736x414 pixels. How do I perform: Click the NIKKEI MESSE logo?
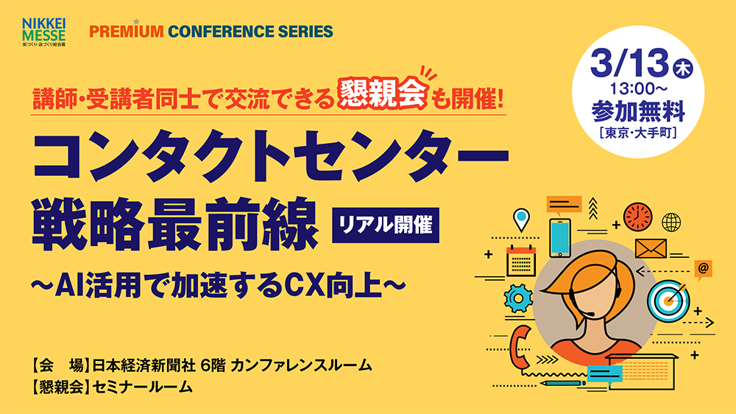[x=43, y=32]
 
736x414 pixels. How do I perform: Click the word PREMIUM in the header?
[x=127, y=32]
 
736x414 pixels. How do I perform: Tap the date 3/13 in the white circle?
[x=629, y=63]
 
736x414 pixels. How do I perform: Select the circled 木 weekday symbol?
[x=683, y=69]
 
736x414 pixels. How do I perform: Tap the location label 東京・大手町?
[x=638, y=133]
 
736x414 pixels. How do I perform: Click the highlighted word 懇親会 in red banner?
[x=382, y=94]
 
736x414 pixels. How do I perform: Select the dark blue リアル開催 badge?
[x=386, y=225]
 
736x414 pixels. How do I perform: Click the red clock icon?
[x=637, y=217]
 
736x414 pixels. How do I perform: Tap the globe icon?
[x=671, y=222]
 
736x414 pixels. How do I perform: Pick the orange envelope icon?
[x=651, y=248]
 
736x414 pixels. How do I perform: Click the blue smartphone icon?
[x=560, y=238]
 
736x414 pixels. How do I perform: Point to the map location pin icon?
[x=521, y=220]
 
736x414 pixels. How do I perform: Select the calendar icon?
[x=521, y=261]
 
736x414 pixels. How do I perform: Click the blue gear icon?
[x=518, y=298]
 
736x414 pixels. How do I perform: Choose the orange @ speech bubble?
[x=703, y=270]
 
